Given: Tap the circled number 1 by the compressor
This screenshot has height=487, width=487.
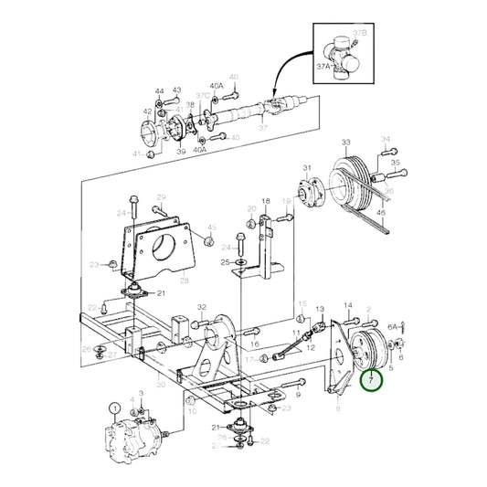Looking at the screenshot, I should point(114,408).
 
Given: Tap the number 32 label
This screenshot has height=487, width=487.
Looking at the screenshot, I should point(201,308).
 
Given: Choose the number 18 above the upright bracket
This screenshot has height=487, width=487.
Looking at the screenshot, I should point(266,201).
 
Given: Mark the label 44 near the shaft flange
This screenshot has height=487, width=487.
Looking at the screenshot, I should point(160,91).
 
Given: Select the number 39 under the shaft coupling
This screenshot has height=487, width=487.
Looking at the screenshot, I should point(181,152).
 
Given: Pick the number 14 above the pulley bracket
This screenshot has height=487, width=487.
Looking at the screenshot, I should point(347,306).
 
